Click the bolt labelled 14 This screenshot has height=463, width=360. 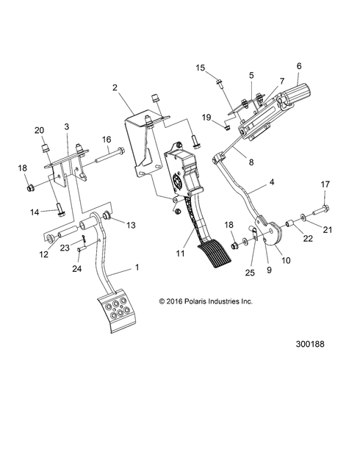pos(58,212)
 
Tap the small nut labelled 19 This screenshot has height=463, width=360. pos(228,126)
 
